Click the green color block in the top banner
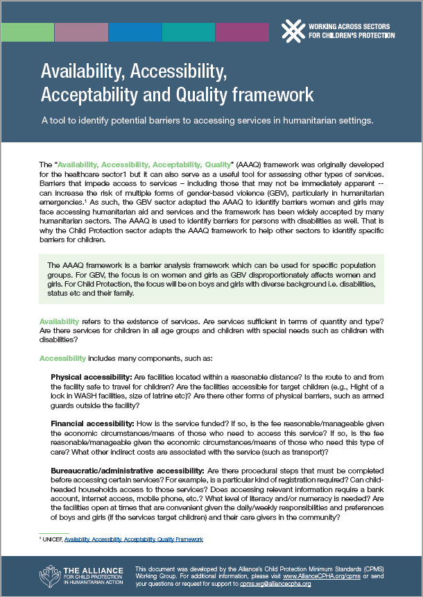coord(27,32)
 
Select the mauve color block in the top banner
coord(80,32)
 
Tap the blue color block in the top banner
coord(135,32)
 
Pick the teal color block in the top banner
coord(188,32)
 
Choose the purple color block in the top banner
coord(241,32)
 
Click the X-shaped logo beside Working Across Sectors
coord(293,30)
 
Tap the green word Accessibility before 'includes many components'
coord(62,358)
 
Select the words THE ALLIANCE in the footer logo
coord(89,568)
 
